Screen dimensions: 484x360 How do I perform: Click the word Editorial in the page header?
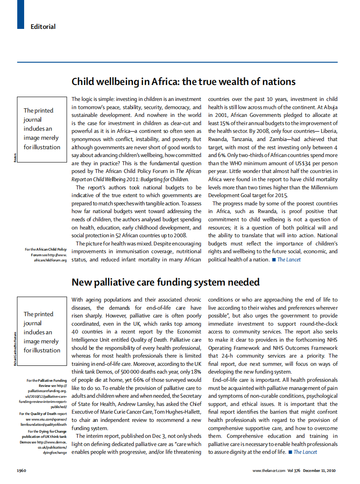(x=43, y=27)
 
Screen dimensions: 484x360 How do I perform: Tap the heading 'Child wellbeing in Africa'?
(x=183, y=82)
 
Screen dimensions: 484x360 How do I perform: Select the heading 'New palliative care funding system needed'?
(x=165, y=282)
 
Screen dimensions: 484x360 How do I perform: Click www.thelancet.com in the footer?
(x=269, y=470)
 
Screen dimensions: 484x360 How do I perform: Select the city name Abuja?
(x=329, y=107)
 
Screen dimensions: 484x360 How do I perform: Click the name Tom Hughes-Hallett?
(x=177, y=412)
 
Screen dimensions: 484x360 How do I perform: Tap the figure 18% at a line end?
(x=196, y=371)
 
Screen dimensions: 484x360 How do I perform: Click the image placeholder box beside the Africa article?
(x=42, y=129)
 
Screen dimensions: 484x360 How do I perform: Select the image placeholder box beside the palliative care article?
(x=42, y=332)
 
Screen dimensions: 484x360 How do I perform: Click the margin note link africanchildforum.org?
(x=50, y=261)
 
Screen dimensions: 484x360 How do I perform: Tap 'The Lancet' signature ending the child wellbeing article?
(x=288, y=260)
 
